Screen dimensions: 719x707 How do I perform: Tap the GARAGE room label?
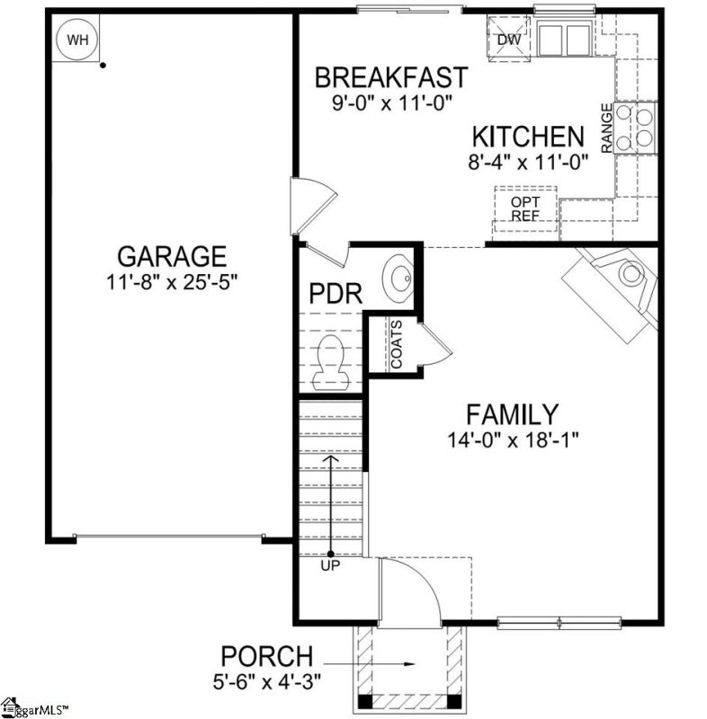(170, 257)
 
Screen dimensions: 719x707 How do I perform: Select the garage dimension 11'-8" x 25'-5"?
(170, 280)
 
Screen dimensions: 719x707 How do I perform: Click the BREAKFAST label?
(390, 77)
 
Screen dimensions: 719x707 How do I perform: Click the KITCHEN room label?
(528, 138)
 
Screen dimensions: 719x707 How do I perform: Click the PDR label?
(336, 294)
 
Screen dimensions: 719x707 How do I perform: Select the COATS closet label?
(396, 345)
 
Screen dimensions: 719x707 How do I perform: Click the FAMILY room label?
(511, 414)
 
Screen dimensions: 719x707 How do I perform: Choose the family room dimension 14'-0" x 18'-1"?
(513, 439)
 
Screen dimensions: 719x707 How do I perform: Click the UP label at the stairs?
(330, 566)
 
